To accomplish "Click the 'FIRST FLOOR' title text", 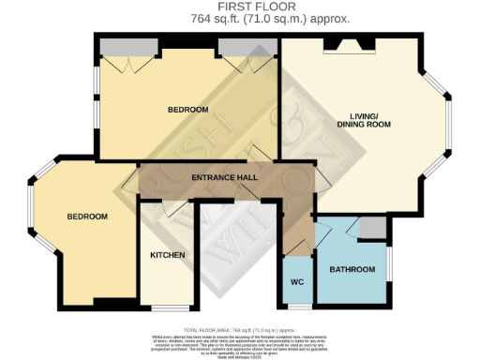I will click(x=239, y=7).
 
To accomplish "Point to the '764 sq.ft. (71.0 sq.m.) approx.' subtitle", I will click(x=239, y=18).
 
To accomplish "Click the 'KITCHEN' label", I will click(x=167, y=255).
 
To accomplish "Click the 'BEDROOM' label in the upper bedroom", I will click(x=187, y=110).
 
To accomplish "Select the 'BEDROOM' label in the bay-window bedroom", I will click(x=86, y=217).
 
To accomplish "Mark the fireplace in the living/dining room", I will click(x=347, y=43).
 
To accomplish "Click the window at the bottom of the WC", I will click(x=298, y=306).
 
